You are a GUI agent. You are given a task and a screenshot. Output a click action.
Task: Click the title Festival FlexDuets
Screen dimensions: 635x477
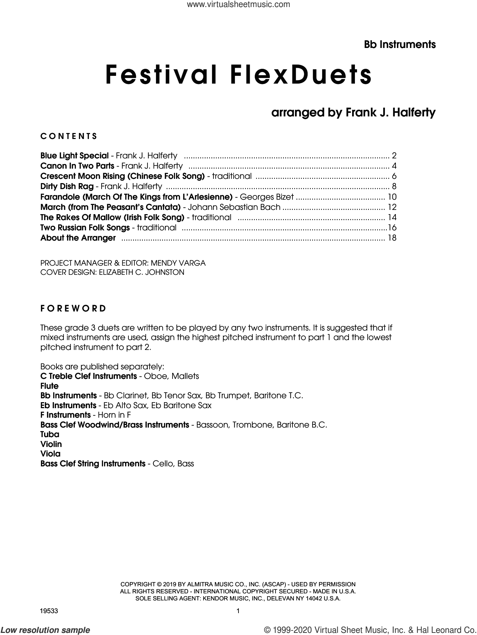click(238, 75)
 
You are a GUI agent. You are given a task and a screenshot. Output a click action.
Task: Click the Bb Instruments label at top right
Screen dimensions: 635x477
click(400, 44)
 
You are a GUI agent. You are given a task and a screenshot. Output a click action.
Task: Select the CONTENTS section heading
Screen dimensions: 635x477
click(69, 136)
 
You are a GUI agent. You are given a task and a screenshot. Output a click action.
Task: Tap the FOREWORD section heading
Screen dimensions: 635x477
click(73, 308)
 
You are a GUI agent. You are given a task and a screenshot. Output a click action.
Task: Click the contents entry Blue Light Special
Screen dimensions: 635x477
click(74, 156)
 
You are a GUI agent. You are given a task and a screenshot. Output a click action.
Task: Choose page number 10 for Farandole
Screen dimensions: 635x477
click(392, 197)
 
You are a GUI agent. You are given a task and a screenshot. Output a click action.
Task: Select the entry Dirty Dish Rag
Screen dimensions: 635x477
click(67, 186)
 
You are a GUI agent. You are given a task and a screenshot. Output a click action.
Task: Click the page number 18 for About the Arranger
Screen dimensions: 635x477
click(392, 238)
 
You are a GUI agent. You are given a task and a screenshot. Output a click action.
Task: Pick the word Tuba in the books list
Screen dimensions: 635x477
click(50, 434)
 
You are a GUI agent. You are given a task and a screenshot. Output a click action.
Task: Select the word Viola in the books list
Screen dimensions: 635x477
click(50, 454)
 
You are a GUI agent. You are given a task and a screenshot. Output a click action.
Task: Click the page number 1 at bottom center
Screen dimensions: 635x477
click(238, 611)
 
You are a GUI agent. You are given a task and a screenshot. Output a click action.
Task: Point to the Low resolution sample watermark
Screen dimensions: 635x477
click(46, 630)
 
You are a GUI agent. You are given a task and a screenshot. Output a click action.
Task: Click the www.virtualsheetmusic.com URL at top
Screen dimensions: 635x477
click(238, 5)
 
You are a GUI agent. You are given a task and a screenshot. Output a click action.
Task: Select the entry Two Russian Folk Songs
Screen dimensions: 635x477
click(85, 228)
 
